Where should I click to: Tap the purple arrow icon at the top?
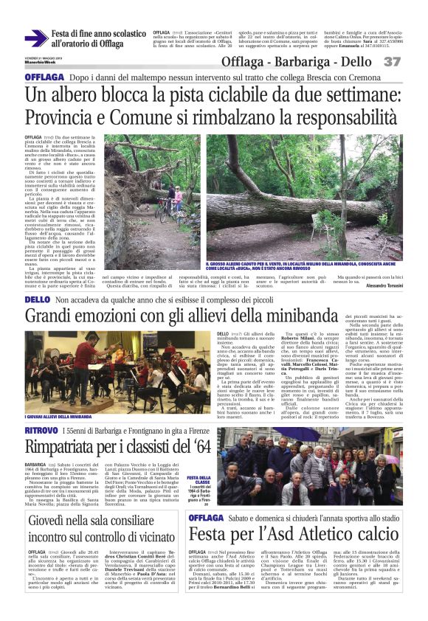point(35,38)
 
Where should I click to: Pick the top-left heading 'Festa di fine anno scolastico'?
point(99,33)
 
